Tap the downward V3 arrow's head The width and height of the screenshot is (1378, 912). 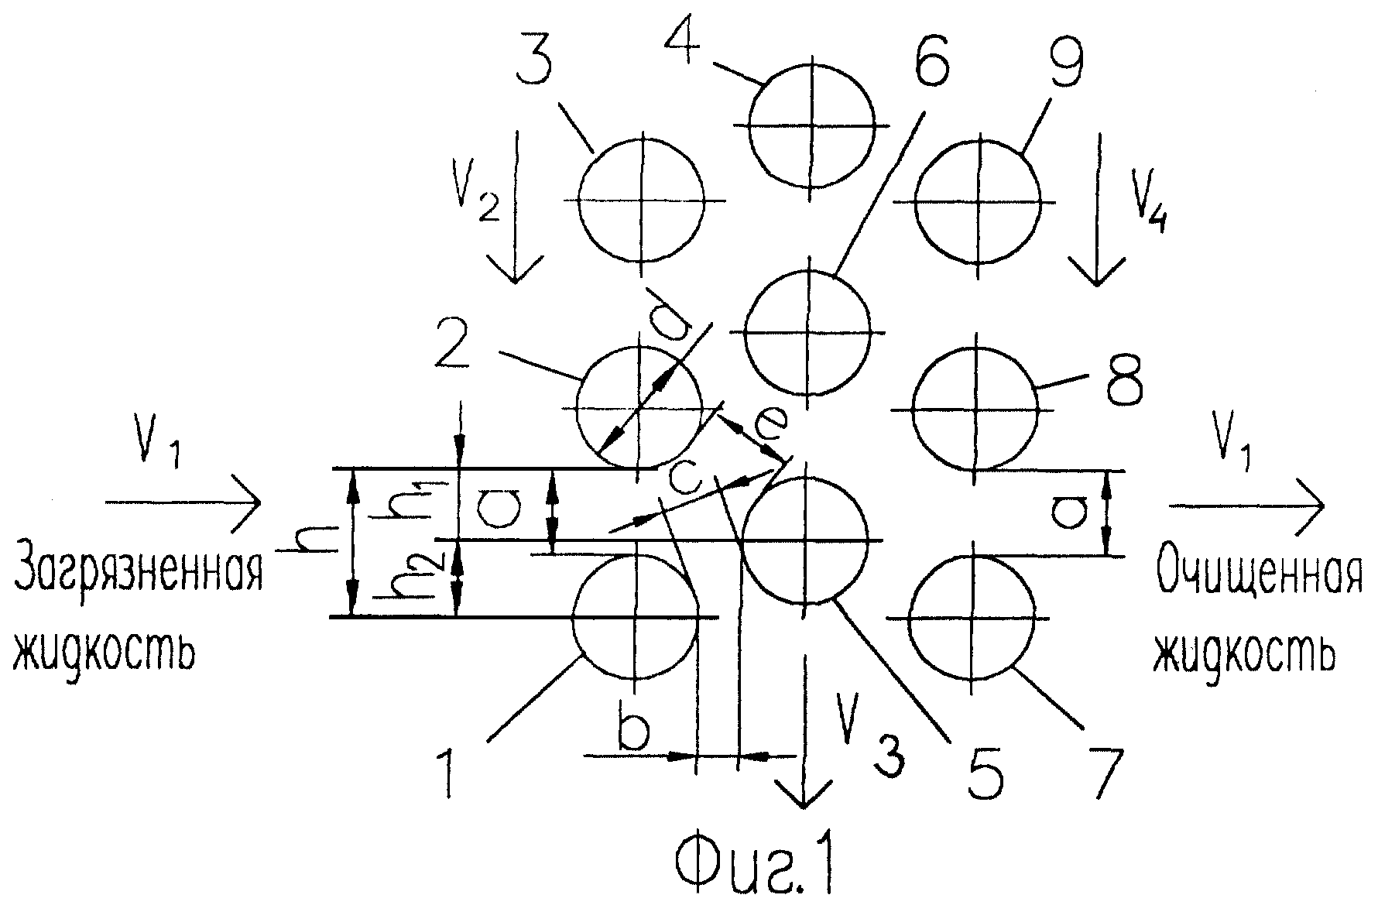pyautogui.click(x=805, y=791)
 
